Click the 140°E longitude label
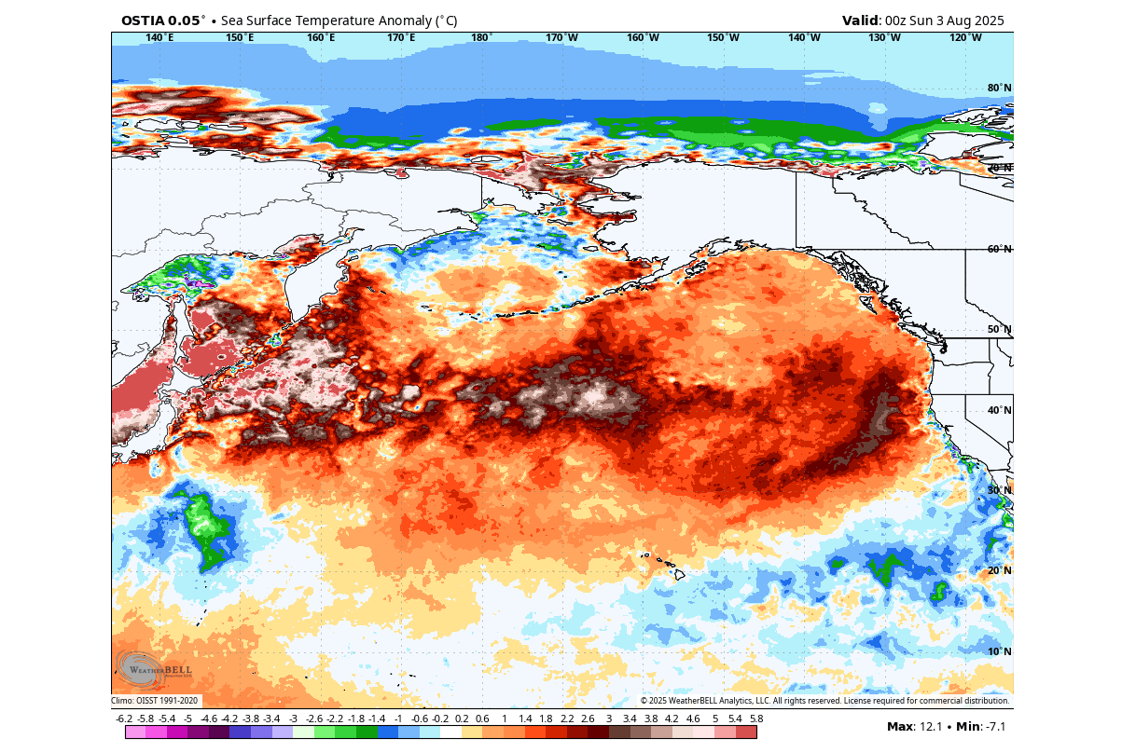159,37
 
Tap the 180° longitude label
481,37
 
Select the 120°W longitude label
965,37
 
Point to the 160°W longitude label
643,37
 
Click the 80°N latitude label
1000,89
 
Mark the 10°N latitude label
1000,651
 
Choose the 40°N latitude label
1000,410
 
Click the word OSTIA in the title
141,21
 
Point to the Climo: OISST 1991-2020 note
155,701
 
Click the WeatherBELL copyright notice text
824,701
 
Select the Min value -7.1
990,726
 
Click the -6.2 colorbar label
124,719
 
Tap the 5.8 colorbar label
756,719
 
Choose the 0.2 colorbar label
461,719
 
